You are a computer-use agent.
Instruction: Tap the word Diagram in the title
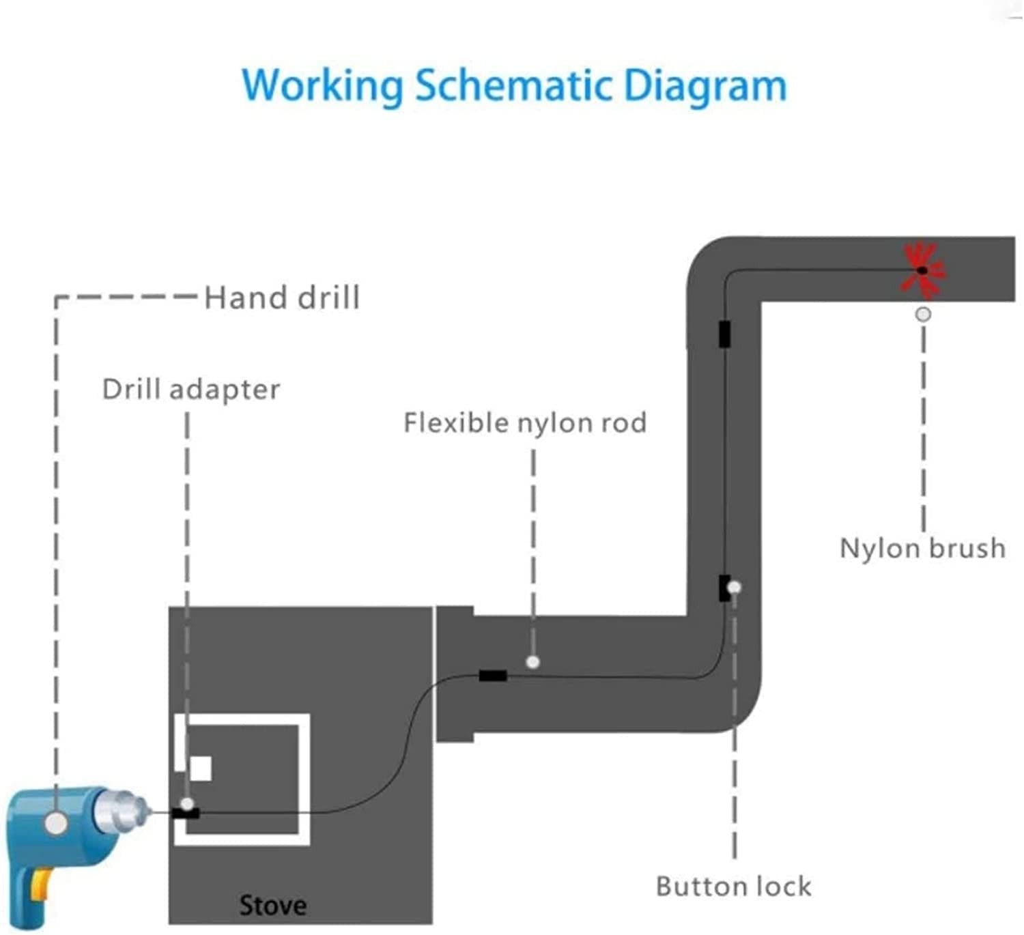[x=705, y=87]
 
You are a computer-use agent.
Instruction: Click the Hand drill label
[x=283, y=298]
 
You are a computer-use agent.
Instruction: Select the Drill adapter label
[x=191, y=390]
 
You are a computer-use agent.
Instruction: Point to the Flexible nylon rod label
[x=525, y=422]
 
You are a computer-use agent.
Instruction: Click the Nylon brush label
[x=922, y=549]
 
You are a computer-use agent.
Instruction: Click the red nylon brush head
[x=922, y=270]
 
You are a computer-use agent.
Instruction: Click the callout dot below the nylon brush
[x=923, y=314]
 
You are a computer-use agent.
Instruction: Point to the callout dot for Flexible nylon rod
[x=533, y=662]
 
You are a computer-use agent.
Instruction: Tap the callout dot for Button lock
[x=734, y=588]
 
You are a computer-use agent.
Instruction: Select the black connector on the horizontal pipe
[x=493, y=676]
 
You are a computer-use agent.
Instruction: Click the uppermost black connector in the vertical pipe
[x=724, y=334]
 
